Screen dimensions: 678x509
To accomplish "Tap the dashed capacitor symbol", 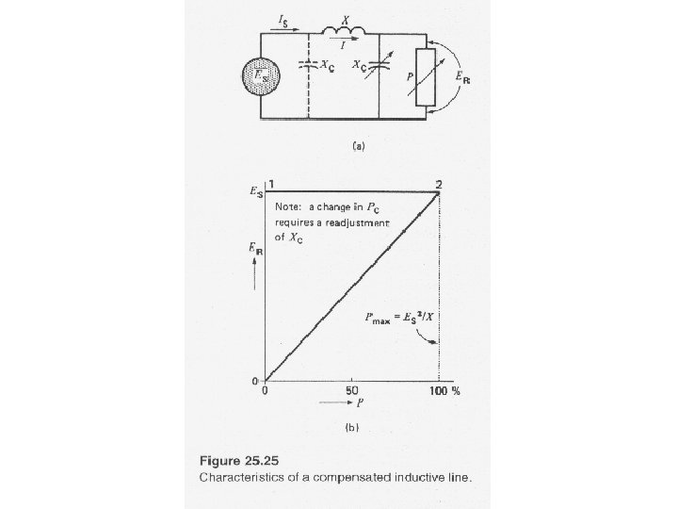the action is pyautogui.click(x=309, y=66).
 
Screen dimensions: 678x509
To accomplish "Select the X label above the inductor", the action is pyautogui.click(x=346, y=18).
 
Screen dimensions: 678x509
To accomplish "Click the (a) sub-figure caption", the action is pyautogui.click(x=358, y=146).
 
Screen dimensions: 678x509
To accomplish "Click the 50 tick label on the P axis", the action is pyautogui.click(x=352, y=390).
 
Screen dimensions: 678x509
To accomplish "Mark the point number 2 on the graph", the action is pyautogui.click(x=439, y=184).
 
